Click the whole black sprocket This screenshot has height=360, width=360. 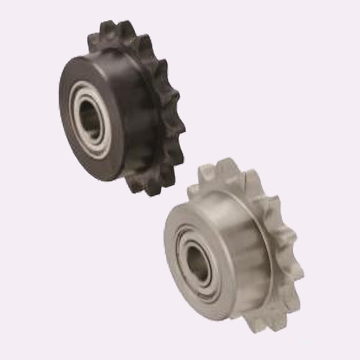click(121, 108)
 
